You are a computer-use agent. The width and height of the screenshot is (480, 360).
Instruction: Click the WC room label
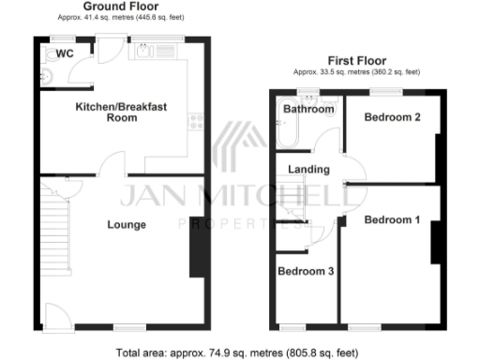pyautogui.click(x=65, y=53)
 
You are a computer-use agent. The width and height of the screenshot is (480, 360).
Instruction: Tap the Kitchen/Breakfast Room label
pyautogui.click(x=122, y=112)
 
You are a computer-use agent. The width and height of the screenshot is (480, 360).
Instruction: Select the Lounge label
pyautogui.click(x=126, y=224)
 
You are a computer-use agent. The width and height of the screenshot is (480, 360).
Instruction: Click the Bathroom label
pyautogui.click(x=308, y=110)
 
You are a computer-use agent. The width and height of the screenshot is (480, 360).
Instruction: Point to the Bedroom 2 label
pyautogui.click(x=391, y=117)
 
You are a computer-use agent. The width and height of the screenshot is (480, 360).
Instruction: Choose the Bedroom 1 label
pyautogui.click(x=391, y=220)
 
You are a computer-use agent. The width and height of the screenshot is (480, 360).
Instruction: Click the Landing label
pyautogui.click(x=309, y=170)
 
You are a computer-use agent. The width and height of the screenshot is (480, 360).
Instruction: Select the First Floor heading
pyautogui.click(x=356, y=60)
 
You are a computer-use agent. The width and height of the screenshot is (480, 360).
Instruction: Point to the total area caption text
pyautogui.click(x=237, y=353)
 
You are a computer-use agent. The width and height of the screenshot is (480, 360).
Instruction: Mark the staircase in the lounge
pyautogui.click(x=53, y=225)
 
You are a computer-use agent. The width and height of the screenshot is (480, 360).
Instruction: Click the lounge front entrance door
pyautogui.click(x=53, y=317)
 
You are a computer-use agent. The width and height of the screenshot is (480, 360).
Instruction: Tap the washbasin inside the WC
pyautogui.click(x=47, y=72)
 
